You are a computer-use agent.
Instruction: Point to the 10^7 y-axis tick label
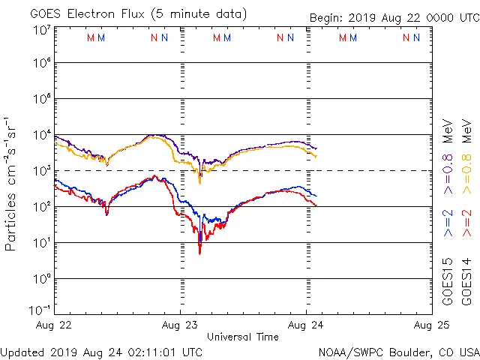point(41,29)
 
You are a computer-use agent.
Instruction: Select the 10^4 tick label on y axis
point(41,135)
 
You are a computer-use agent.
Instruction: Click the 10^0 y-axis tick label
point(41,279)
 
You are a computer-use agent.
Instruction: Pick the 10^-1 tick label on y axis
point(41,310)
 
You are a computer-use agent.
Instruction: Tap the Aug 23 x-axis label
point(180,325)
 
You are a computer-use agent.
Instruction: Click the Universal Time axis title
point(243,337)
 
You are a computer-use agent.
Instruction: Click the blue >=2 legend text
point(448,223)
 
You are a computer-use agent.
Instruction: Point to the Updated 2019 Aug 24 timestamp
point(101,352)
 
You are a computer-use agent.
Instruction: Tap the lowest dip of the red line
point(199,253)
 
